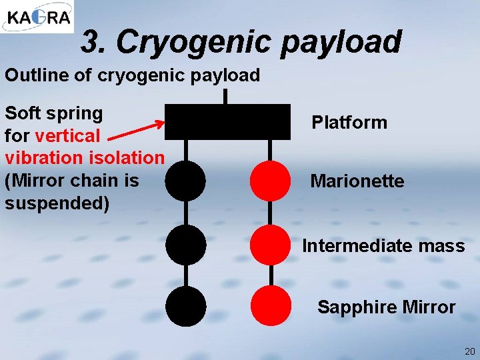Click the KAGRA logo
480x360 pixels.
(37, 17)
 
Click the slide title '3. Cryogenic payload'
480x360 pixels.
(241, 42)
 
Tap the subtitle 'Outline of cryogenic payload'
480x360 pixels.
(132, 75)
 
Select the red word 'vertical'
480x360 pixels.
(67, 135)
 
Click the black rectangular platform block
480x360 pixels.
(227, 121)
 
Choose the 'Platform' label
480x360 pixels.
(349, 123)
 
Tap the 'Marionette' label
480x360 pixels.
(357, 181)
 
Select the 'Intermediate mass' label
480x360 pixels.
(383, 246)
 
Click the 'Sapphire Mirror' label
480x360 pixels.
(386, 307)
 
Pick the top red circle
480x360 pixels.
(271, 181)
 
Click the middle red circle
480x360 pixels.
(271, 245)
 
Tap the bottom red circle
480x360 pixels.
(271, 305)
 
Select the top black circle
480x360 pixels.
(185, 181)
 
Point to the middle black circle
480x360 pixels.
(185, 245)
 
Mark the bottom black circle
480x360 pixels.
(185, 305)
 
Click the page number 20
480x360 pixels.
(469, 351)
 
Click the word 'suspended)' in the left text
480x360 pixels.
(57, 203)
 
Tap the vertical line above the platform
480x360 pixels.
(226, 97)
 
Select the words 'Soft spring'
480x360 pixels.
(54, 113)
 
